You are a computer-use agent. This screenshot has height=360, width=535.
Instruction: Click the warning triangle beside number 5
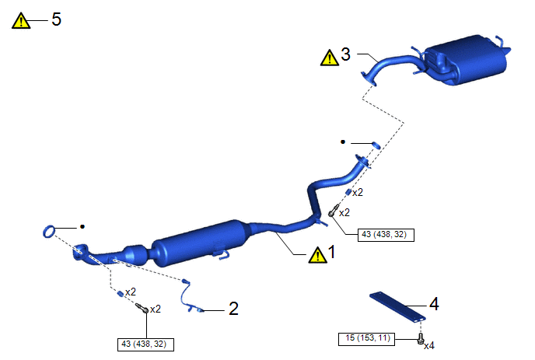(x=21, y=21)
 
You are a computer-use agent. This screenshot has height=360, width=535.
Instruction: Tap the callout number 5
(x=56, y=19)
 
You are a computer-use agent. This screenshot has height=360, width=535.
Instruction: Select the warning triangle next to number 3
(x=330, y=58)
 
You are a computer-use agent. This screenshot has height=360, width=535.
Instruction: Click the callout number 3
(x=345, y=54)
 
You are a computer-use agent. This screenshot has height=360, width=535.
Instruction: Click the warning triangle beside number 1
(x=317, y=255)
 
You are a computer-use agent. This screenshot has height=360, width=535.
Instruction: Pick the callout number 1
(x=331, y=252)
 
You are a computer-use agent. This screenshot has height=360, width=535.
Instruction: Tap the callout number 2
(x=233, y=309)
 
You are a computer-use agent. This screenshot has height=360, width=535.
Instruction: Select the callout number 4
(x=434, y=304)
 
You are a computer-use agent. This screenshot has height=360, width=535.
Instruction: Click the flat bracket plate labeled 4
(x=398, y=306)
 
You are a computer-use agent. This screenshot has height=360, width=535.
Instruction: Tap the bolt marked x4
(x=421, y=339)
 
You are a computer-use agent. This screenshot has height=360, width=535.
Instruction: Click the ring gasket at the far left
(x=49, y=232)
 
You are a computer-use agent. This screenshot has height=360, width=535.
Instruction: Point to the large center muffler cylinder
(x=201, y=243)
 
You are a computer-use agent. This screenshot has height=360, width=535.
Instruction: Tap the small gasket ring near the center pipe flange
(x=376, y=145)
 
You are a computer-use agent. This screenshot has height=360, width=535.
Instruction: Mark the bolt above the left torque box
(x=142, y=307)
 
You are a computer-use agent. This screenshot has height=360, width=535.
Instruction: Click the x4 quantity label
(x=429, y=346)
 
